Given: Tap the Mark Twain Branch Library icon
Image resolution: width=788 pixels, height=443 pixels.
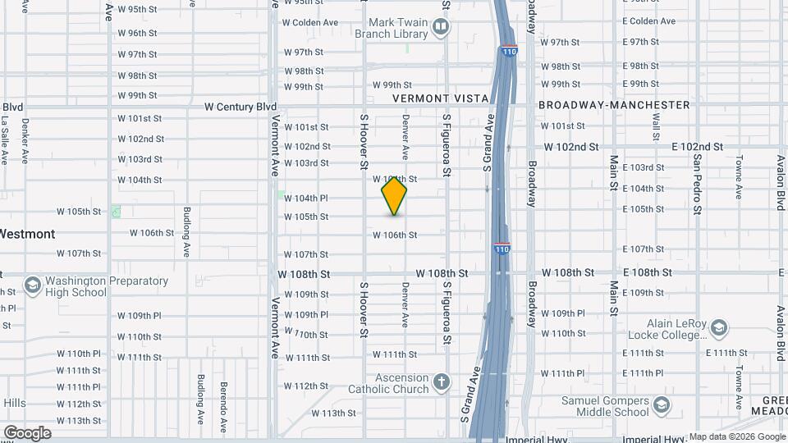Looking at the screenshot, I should [x=441, y=28].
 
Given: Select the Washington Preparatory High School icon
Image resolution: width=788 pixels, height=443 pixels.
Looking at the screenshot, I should [x=33, y=285].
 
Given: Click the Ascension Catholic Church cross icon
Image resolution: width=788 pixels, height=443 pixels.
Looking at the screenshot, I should [x=442, y=382].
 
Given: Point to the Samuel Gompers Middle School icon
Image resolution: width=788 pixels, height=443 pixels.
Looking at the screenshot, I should [x=661, y=405].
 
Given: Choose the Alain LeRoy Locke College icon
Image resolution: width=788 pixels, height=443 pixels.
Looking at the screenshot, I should [x=718, y=329].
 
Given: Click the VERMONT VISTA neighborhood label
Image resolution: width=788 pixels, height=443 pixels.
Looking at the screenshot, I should [x=441, y=98].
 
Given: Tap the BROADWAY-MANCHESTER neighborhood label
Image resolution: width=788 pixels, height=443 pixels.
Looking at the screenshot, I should [x=614, y=105].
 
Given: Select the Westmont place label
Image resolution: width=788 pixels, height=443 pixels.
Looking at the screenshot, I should [x=27, y=234].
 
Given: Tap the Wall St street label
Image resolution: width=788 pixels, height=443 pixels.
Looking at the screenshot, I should [x=656, y=128].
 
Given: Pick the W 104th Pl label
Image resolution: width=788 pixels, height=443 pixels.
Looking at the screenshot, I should [x=306, y=198].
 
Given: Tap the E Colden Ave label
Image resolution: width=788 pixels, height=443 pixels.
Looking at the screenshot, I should [x=648, y=21].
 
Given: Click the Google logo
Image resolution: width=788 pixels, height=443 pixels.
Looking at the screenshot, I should [x=27, y=432].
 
